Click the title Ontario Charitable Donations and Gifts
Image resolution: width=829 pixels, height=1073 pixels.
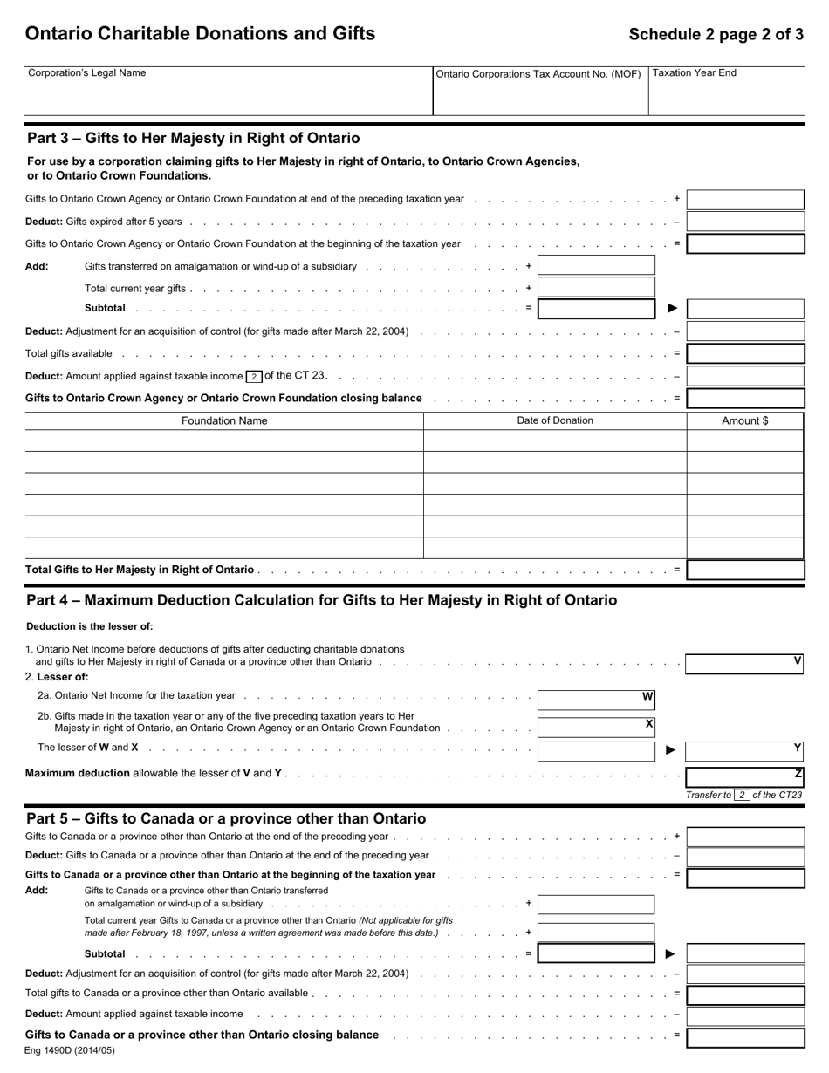point(200,33)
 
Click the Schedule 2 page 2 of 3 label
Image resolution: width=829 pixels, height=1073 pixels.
point(716,34)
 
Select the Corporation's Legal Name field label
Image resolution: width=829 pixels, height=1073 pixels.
point(87,73)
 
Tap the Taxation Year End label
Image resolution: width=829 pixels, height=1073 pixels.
point(695,73)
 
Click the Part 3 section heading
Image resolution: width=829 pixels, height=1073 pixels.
point(193,138)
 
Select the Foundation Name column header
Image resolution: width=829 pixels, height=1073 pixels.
point(224,420)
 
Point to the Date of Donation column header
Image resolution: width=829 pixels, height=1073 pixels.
point(555,420)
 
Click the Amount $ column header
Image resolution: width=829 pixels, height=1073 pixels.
point(745,420)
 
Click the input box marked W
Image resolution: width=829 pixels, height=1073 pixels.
point(596,699)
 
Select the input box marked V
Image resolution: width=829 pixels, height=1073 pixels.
point(743,664)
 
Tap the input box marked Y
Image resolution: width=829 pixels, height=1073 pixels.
point(743,750)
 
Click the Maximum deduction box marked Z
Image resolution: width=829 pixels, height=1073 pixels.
point(743,776)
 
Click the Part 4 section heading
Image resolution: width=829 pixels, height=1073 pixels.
point(321,600)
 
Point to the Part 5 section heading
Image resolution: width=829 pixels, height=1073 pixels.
point(226,818)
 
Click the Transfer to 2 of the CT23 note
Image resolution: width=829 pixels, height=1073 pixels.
point(743,795)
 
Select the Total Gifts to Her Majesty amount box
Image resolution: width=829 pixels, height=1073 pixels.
point(745,570)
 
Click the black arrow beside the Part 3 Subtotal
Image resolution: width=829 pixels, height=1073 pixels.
point(672,308)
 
